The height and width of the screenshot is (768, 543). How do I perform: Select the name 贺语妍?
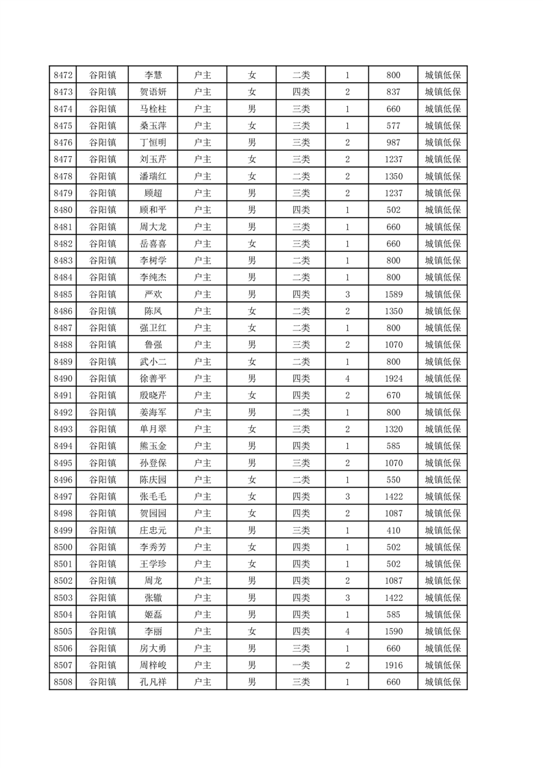[153, 92]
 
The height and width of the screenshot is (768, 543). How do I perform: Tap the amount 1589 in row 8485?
[393, 294]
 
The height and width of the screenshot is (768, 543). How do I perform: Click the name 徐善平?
[153, 379]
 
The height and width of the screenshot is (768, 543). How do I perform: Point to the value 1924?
[393, 379]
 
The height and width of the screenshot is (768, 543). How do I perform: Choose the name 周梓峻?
[153, 665]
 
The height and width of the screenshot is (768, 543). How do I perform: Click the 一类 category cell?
[301, 665]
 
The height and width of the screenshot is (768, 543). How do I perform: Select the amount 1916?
[393, 665]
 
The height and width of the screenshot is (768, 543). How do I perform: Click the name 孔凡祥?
[153, 682]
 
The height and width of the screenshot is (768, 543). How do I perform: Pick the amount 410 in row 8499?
[393, 530]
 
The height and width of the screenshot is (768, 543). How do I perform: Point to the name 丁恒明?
[153, 142]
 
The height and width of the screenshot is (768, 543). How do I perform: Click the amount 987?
[393, 142]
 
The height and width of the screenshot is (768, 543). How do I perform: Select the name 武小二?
[153, 362]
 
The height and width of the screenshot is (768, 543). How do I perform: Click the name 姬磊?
[153, 615]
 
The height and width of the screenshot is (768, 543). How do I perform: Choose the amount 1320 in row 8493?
[393, 429]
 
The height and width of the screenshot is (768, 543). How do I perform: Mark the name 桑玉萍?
[153, 126]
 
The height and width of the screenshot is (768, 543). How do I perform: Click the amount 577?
[393, 126]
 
